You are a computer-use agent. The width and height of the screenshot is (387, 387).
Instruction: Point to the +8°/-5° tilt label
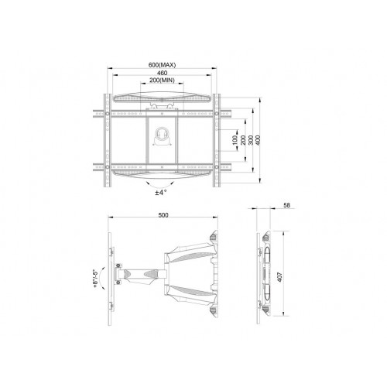click(x=94, y=276)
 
